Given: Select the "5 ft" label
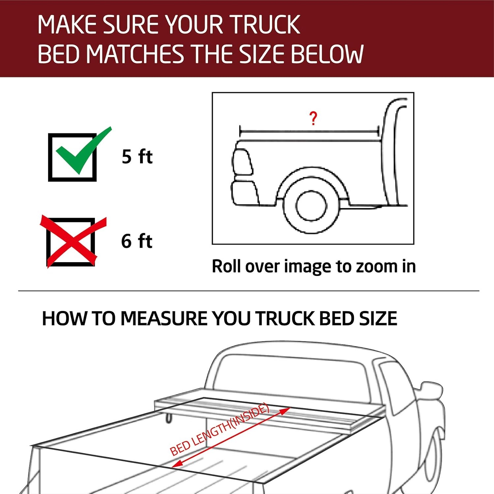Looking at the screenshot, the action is click(x=137, y=156).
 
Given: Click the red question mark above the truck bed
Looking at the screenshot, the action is click(x=313, y=119).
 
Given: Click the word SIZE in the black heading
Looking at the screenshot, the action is click(x=378, y=318).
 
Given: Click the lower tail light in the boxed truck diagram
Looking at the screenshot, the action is click(x=246, y=193).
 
